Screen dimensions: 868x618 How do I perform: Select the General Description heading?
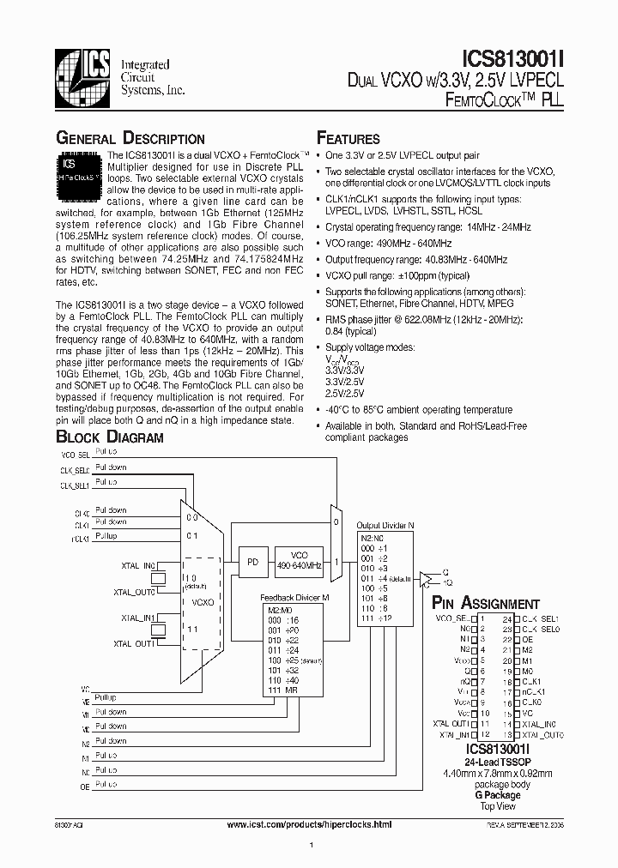coord(130,139)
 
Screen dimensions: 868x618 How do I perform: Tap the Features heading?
coord(348,139)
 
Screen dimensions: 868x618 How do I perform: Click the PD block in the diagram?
coord(251,562)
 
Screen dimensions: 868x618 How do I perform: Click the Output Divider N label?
coord(385,526)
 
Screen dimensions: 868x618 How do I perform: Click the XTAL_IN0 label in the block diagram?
coord(138,566)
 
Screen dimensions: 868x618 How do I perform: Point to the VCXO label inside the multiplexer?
coord(202,602)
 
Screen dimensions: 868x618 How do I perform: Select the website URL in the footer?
coord(308,824)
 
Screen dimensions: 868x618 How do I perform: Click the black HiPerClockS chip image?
coord(79,171)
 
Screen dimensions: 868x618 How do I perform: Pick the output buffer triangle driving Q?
coord(425,580)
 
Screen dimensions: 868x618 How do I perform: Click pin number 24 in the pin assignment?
coord(506,618)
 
